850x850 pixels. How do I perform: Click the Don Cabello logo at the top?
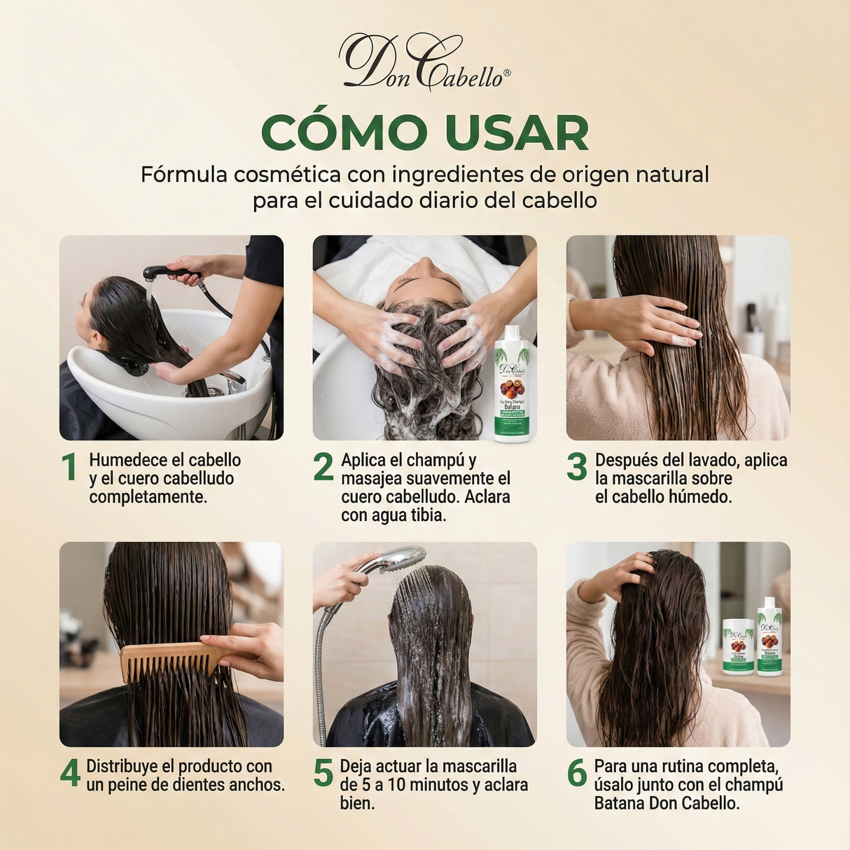(x=424, y=63)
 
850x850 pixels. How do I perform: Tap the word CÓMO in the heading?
(x=344, y=132)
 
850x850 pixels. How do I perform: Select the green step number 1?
(x=69, y=468)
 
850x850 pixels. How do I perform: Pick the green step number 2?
(x=323, y=468)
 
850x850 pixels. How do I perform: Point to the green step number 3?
(x=576, y=468)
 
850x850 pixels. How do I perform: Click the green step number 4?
(x=70, y=774)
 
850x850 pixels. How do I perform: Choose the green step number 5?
(x=323, y=774)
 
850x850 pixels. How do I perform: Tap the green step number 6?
(x=576, y=774)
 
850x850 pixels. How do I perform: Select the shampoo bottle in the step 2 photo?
(x=512, y=384)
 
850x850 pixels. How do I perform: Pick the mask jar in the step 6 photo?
(x=738, y=646)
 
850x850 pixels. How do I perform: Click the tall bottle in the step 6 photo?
(x=769, y=636)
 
